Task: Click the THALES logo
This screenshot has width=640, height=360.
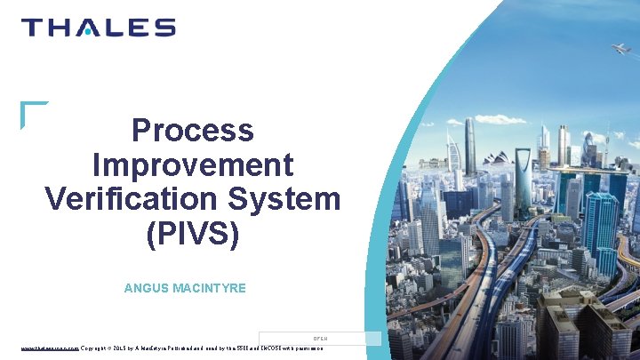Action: (x=98, y=28)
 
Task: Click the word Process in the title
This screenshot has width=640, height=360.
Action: (x=192, y=131)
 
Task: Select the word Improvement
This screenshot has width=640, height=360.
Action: (x=192, y=164)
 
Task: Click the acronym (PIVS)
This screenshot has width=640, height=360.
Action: (x=192, y=233)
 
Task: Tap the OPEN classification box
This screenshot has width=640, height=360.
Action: (x=320, y=338)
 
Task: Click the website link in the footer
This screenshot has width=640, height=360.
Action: (x=50, y=348)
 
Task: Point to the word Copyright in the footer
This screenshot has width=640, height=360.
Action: (x=98, y=348)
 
